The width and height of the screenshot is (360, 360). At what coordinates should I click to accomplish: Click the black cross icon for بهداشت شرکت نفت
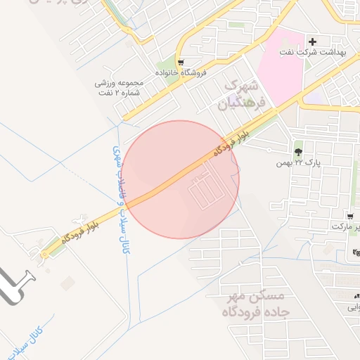tap(313, 41)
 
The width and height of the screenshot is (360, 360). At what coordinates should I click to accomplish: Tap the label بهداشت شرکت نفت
tap(323, 53)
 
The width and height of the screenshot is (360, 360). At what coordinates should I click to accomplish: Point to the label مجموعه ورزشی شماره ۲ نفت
tap(119, 87)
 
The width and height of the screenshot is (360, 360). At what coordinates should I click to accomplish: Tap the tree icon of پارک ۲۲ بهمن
tap(299, 151)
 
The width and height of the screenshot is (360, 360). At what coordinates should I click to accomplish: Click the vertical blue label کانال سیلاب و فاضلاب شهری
tap(120, 200)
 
